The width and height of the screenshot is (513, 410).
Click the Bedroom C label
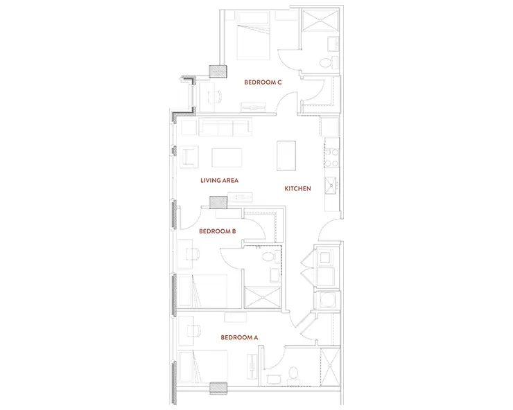pyautogui.click(x=263, y=82)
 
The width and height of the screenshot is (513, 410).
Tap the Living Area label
pyautogui.click(x=219, y=180)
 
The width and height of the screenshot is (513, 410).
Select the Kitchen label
pyautogui.click(x=297, y=188)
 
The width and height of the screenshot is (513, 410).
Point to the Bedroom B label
pyautogui.click(x=217, y=231)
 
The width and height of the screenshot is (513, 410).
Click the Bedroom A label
pyautogui.click(x=239, y=337)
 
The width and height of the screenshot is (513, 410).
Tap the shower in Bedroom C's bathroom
pyautogui.click(x=320, y=20)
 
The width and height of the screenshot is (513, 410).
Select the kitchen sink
pyautogui.click(x=331, y=186)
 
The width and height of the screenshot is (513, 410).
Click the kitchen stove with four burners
pyautogui.click(x=331, y=157)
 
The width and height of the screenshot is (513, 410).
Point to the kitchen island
pyautogui.click(x=286, y=156)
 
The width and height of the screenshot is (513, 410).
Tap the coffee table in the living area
pyautogui.click(x=227, y=158)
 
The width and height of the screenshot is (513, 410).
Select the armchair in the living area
pyautogui.click(x=189, y=157)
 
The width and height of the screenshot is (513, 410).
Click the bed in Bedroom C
pyautogui.click(x=254, y=35)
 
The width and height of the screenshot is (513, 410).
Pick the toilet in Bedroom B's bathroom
pyautogui.click(x=269, y=257)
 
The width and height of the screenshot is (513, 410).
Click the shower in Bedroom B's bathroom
pyautogui.click(x=262, y=297)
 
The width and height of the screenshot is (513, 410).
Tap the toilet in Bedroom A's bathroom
pyautogui.click(x=293, y=375)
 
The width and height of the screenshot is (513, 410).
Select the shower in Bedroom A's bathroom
pyautogui.click(x=330, y=366)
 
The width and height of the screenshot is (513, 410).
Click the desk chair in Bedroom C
pyautogui.click(x=216, y=96)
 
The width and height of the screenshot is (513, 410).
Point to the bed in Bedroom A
pyautogui.click(x=203, y=366)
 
